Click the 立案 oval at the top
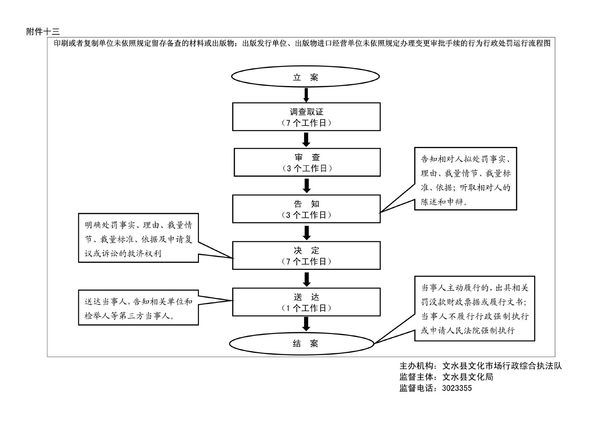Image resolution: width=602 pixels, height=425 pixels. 305,77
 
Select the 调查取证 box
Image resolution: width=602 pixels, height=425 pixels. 306,117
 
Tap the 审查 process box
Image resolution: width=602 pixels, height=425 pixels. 307,162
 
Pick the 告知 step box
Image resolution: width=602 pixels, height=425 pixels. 306,209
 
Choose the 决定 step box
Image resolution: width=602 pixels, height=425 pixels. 306,256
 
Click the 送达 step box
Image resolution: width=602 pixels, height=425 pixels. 306,302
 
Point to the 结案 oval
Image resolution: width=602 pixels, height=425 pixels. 302,343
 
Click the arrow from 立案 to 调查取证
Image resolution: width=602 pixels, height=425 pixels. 306,95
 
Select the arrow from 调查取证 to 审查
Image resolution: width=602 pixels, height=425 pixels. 306,139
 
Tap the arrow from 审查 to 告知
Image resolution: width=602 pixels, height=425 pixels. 307,186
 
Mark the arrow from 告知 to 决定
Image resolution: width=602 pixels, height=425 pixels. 307,233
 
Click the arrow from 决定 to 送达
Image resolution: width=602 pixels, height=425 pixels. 307,279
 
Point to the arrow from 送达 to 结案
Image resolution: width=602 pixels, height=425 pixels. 306,324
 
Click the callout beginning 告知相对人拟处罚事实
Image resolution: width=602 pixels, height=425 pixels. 465,178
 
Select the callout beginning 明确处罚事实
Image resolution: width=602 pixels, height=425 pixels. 138,238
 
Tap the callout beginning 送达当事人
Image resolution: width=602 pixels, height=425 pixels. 138,307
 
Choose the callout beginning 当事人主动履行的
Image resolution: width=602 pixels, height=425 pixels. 474,309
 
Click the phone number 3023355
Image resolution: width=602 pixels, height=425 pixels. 457,388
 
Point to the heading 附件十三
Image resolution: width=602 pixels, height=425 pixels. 43,32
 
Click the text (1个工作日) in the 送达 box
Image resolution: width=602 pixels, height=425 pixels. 306,308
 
